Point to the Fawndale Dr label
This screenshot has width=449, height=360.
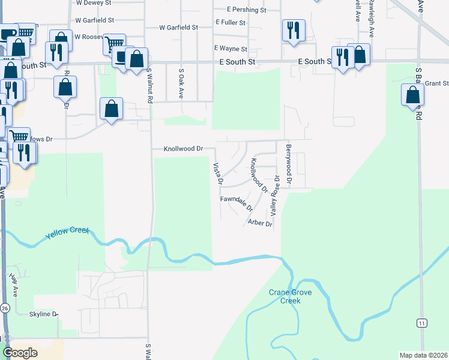[x=237, y=203]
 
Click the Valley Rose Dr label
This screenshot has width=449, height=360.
[x=275, y=196]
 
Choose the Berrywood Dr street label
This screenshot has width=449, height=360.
[x=289, y=164]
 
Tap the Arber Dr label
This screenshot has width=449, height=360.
[x=260, y=223]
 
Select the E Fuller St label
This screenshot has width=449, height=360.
[x=231, y=23]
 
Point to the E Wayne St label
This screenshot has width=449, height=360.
[x=231, y=49]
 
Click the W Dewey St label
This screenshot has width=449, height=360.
[x=95, y=3]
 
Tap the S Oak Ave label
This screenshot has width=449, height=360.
[x=181, y=83]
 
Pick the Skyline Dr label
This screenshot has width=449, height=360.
[x=43, y=314]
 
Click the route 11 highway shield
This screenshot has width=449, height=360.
[x=423, y=323]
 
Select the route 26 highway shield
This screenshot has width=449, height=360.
[x=5, y=308]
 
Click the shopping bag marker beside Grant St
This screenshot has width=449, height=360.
[x=412, y=95]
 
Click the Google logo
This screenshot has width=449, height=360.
[x=20, y=353]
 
